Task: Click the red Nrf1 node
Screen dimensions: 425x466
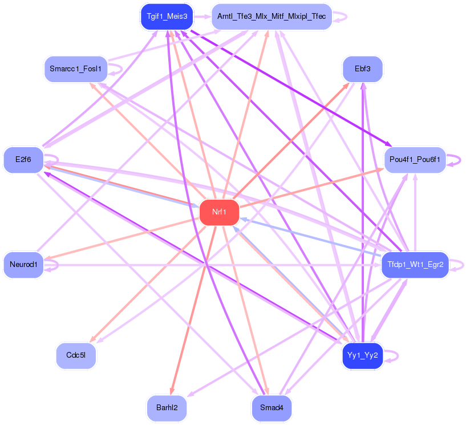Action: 219,213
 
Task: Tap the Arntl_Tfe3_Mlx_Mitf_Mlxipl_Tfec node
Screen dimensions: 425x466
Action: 272,17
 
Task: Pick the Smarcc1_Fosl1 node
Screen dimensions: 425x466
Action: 75,69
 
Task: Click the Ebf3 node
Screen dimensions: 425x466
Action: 363,69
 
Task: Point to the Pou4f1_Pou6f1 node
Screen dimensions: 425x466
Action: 415,160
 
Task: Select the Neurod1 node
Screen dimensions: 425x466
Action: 23,265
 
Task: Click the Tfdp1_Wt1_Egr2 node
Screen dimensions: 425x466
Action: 415,265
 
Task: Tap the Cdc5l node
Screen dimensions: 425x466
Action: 76,355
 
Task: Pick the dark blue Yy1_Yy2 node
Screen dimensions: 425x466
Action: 363,355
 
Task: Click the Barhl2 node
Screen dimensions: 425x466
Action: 167,408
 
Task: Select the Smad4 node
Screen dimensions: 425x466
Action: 272,408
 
